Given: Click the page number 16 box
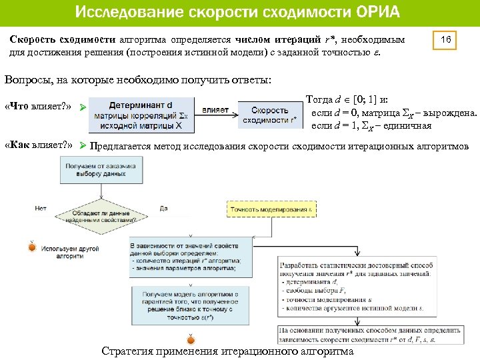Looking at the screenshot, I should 446,41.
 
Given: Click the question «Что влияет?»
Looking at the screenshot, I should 38,107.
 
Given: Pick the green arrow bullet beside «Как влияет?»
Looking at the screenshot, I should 83,145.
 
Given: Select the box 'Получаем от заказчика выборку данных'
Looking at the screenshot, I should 97,170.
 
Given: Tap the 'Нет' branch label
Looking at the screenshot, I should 40,208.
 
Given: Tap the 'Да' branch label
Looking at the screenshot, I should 164,208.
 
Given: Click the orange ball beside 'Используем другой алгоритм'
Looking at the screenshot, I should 31,247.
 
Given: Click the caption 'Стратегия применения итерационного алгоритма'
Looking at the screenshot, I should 227,351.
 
